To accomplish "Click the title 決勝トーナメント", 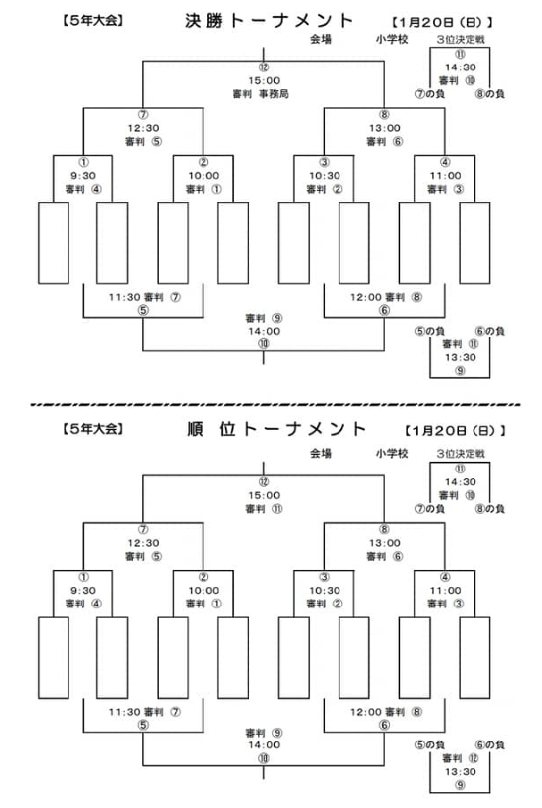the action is [x=269, y=21].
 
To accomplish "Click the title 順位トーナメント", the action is [x=277, y=429].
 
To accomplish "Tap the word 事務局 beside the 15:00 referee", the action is [x=274, y=94].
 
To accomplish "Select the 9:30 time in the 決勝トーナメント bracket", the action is [x=83, y=176].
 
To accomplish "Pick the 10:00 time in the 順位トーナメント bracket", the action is [x=203, y=590].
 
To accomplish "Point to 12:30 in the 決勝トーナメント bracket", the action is [x=143, y=128].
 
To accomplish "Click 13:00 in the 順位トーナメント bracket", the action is [x=384, y=543].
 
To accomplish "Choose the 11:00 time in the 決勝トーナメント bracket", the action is [x=445, y=176].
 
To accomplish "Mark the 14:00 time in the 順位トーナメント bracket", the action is [x=264, y=745].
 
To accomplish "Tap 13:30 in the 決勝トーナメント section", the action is [x=460, y=357].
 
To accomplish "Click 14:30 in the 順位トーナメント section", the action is [x=460, y=482].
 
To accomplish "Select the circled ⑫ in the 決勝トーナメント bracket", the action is [x=264, y=67].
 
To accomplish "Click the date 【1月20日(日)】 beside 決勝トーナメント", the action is [x=443, y=22].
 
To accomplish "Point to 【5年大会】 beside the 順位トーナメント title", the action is [x=92, y=428].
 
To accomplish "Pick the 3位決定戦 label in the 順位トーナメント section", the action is [x=460, y=454].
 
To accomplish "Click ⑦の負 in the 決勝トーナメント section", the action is [x=429, y=93].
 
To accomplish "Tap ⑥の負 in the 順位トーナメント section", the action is [x=490, y=744].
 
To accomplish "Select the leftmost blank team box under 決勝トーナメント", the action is [x=54, y=243].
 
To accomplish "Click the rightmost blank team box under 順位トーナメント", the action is [x=474, y=657].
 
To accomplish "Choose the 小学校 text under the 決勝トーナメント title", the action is [x=391, y=39].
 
